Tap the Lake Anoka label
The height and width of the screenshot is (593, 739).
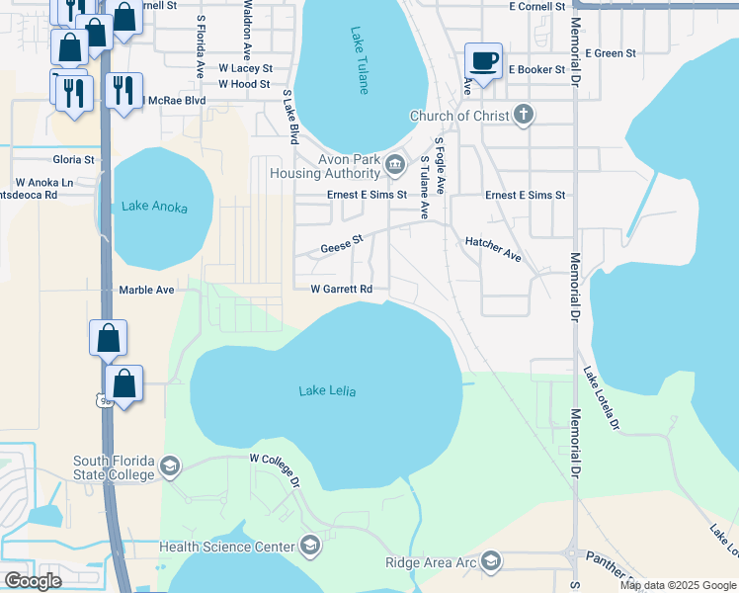(x=154, y=207)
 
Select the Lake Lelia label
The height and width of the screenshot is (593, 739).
(x=327, y=391)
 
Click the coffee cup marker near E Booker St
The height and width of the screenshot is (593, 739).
(x=484, y=61)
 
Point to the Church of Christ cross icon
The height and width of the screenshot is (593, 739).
(x=524, y=116)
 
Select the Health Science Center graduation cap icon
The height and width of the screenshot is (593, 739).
(x=310, y=547)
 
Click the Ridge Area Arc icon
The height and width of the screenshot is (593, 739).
(x=491, y=562)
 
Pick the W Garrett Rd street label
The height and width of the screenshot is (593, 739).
(x=341, y=290)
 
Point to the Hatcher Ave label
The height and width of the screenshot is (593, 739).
(x=493, y=248)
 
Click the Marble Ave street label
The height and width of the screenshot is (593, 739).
(x=146, y=290)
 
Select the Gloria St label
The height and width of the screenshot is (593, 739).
(x=74, y=159)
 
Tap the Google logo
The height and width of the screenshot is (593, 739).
(x=34, y=581)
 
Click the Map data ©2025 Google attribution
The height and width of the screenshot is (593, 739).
(x=677, y=585)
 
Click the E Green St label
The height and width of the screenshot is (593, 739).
(x=610, y=53)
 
